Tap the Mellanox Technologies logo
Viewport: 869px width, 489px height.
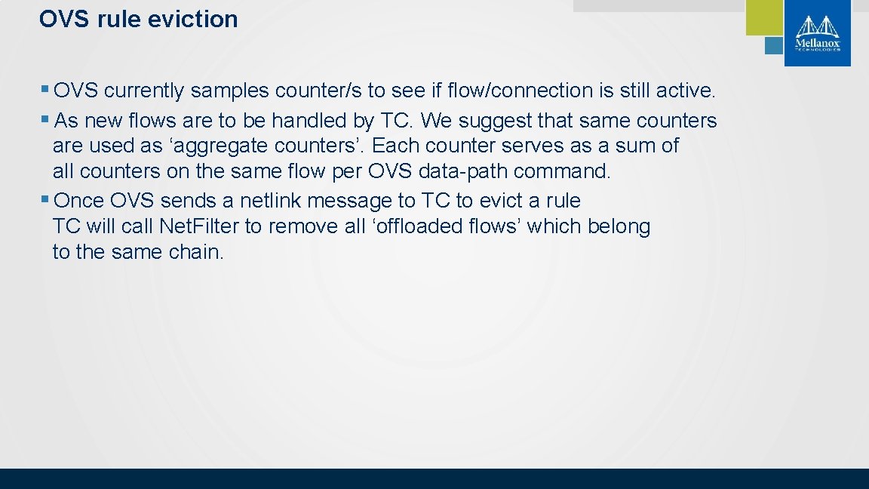coord(817,34)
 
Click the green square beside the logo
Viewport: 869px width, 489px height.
coord(764,17)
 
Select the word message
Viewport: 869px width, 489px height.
coord(352,201)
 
